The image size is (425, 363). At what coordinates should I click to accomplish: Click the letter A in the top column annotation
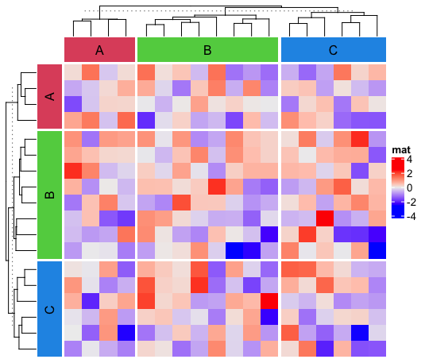click(x=99, y=50)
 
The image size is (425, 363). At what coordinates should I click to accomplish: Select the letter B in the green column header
click(x=207, y=50)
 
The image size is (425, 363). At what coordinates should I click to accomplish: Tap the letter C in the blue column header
click(x=333, y=50)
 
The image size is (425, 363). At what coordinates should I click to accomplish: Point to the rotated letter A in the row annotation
click(x=49, y=97)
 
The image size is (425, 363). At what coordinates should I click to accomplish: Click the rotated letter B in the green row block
click(x=49, y=194)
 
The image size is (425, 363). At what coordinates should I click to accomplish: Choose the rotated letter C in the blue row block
click(x=49, y=308)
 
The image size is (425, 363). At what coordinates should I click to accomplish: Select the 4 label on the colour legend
click(x=410, y=160)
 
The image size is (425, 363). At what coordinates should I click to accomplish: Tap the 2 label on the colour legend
click(x=410, y=173)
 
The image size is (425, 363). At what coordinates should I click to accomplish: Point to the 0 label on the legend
click(x=410, y=187)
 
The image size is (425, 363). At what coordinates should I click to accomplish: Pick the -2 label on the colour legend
click(x=411, y=201)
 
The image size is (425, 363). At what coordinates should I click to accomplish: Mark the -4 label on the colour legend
click(x=411, y=214)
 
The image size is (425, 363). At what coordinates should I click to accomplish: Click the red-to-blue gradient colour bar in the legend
click(x=397, y=187)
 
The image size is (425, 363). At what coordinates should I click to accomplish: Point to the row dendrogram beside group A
click(x=22, y=97)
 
